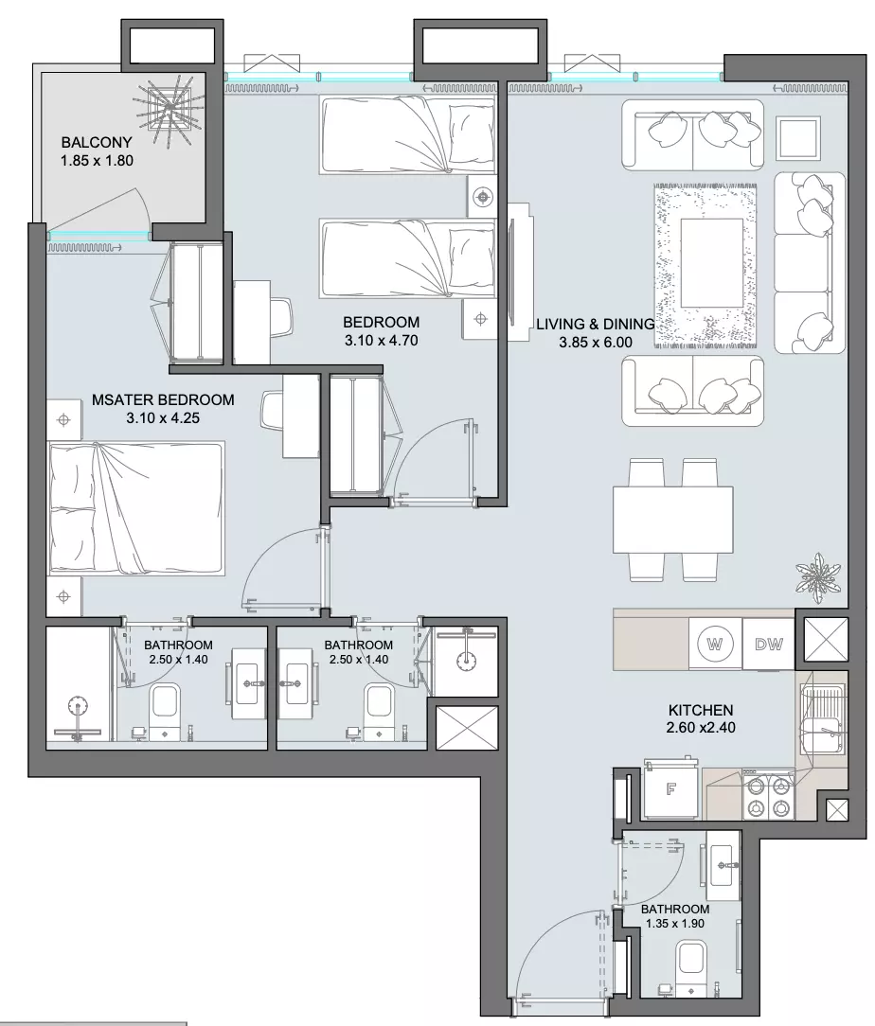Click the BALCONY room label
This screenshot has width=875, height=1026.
tap(97, 142)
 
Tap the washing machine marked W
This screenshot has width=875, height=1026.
tap(715, 644)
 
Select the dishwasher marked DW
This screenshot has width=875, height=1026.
tap(768, 644)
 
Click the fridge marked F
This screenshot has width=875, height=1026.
tap(671, 789)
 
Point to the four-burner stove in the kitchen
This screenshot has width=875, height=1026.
tap(768, 795)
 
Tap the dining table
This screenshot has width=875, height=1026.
tap(672, 520)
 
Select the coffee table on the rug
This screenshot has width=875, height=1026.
tap(711, 262)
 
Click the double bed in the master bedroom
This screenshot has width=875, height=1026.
tap(136, 508)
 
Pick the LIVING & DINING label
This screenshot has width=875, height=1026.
tap(595, 324)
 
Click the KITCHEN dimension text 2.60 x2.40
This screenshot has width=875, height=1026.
tap(701, 727)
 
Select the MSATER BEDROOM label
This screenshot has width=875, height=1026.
tap(163, 399)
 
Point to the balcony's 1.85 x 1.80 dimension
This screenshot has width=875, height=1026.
tap(97, 160)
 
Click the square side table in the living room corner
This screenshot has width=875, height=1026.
tap(798, 138)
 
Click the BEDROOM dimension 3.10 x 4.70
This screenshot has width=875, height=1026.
tap(381, 340)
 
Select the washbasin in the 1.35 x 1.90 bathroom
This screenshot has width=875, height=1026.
tap(723, 864)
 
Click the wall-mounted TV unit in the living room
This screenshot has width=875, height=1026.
tap(518, 272)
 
